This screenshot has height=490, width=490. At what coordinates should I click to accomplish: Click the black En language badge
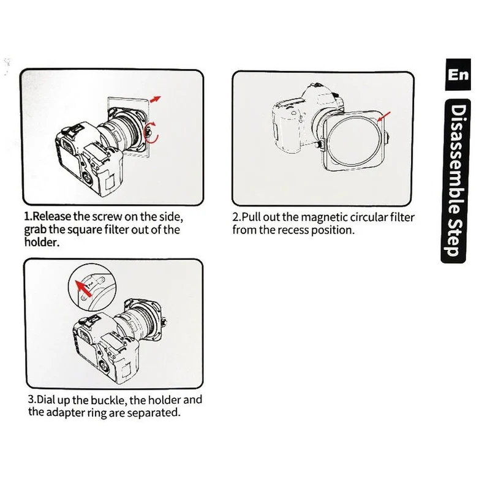pyautogui.click(x=458, y=74)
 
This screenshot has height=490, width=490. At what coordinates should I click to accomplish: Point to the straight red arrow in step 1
pyautogui.click(x=156, y=99)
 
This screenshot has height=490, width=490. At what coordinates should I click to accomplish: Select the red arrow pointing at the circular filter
pyautogui.click(x=384, y=116)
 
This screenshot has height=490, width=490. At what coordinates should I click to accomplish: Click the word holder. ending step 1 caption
pyautogui.click(x=42, y=242)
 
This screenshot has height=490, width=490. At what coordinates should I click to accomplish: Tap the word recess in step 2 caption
pyautogui.click(x=293, y=230)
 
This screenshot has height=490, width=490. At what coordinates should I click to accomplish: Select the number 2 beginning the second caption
pyautogui.click(x=235, y=217)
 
